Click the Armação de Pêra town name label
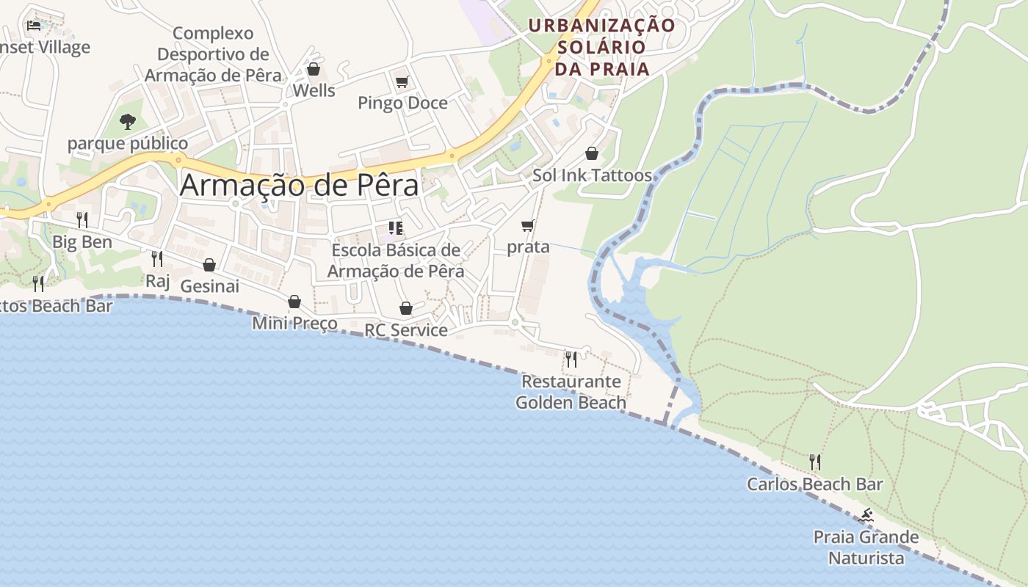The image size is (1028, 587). coord(300,184)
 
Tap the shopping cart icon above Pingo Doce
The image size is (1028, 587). coord(402,81)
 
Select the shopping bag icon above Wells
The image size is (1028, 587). coord(314,69)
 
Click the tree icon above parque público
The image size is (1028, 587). coord(128,121)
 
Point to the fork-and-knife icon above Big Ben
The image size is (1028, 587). coord(82,219)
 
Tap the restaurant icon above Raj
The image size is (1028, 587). coord(157,258)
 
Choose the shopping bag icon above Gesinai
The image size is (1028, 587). coord(209,265)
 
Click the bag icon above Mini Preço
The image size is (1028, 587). coord(294,302)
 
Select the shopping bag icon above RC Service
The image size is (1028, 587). coord(406,308)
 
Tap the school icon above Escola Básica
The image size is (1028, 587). coord(396,228)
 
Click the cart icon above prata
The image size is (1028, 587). coord(528,225)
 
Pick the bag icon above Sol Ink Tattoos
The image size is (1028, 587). coord(592,153)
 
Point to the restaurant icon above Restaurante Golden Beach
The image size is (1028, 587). coord(571,360)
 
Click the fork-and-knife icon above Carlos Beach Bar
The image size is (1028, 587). coord(815,462)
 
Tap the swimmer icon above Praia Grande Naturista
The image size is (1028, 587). coord(866,516)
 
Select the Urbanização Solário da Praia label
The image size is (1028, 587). coord(601,47)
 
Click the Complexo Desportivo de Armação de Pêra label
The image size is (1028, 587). coord(213,54)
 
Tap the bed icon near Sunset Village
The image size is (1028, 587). coord(34,26)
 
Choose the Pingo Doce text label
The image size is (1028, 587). coord(402,103)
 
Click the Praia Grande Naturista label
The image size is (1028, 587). coord(866,547)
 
